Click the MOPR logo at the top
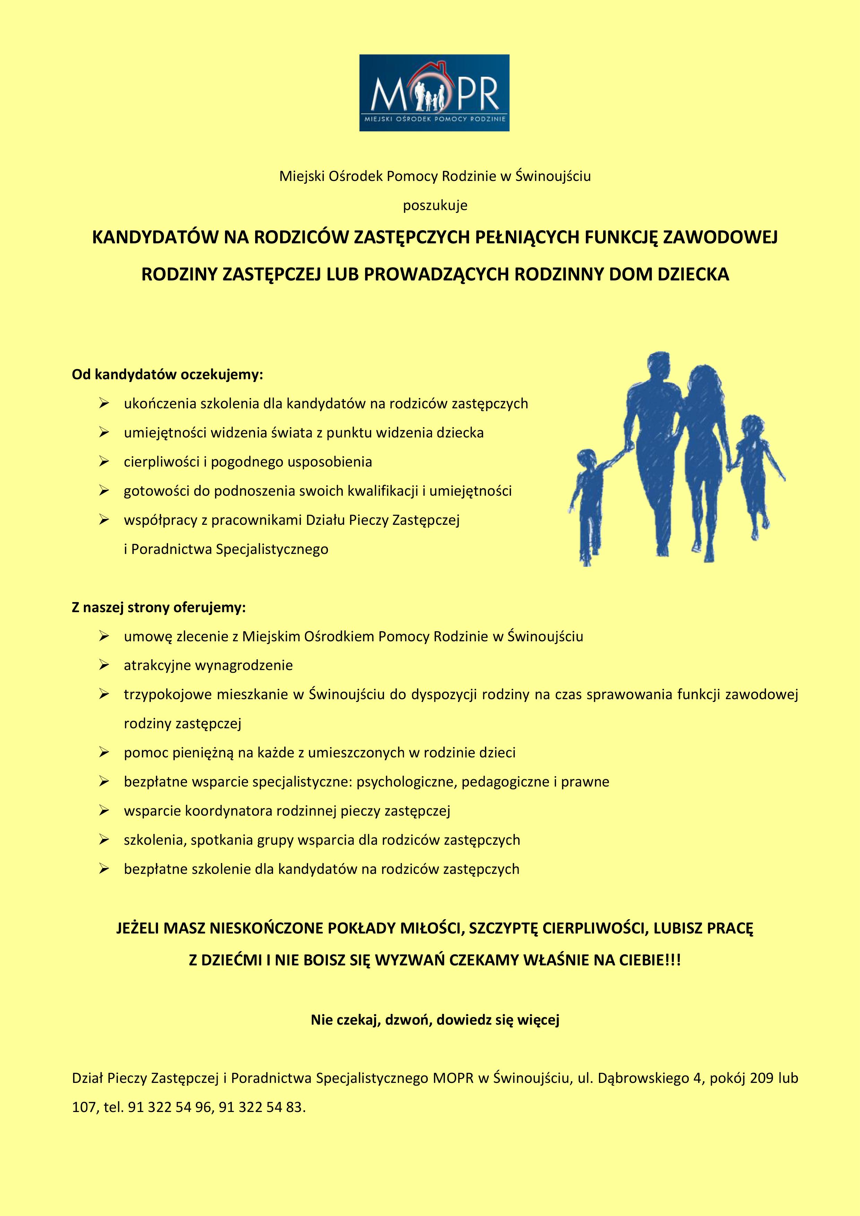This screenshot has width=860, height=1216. (x=434, y=93)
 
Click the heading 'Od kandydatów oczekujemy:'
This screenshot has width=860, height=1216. (x=167, y=375)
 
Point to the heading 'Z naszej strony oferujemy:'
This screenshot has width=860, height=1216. (x=159, y=607)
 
